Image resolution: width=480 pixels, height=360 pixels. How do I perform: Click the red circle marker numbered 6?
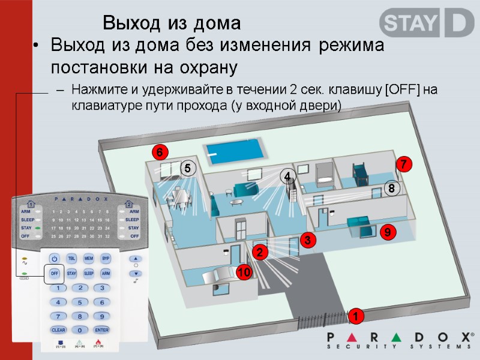point(160,152)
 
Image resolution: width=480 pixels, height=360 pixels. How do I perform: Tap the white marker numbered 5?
point(187,170)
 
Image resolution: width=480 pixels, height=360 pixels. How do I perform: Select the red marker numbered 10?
point(243,273)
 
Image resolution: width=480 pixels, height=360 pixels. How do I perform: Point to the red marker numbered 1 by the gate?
point(355,316)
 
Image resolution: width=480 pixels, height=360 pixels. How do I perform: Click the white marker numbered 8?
point(391,188)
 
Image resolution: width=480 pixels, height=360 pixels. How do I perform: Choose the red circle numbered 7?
point(404,164)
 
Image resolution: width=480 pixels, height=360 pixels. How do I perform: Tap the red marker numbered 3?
point(307,240)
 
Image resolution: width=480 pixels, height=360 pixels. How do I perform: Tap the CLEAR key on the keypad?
point(58,330)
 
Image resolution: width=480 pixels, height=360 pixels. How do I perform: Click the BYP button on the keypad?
point(106,259)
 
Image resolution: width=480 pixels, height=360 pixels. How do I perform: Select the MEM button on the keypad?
point(88,259)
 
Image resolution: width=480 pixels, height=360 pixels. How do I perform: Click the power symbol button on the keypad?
point(54,259)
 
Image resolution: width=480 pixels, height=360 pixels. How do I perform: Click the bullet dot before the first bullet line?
point(37,46)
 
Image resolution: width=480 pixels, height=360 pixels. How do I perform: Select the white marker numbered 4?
point(287,176)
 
